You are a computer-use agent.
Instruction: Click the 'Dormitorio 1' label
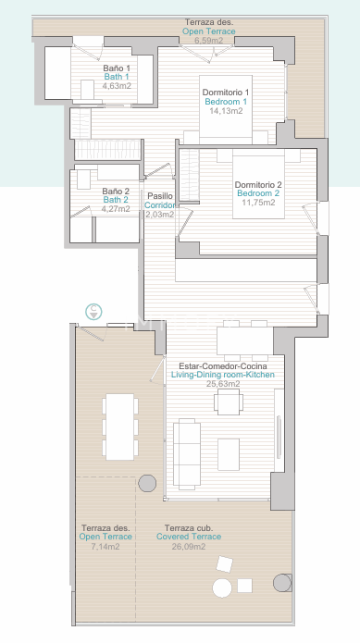[225, 93]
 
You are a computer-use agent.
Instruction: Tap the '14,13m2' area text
[226, 111]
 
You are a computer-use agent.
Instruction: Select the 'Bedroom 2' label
[258, 193]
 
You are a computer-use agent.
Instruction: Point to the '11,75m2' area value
[258, 203]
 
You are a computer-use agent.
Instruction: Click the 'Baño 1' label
[117, 68]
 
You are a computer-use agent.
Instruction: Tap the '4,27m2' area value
[116, 209]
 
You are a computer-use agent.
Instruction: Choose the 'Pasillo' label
[160, 196]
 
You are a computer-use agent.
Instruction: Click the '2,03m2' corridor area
[160, 214]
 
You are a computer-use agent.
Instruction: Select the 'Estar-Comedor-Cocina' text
[223, 365]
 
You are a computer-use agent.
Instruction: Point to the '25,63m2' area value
[223, 384]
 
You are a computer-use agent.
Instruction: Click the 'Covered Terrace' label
[189, 537]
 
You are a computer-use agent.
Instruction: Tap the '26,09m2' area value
[189, 546]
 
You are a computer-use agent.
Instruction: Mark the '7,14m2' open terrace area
[106, 546]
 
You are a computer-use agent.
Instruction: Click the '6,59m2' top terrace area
[209, 40]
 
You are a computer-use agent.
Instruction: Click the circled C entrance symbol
[93, 312]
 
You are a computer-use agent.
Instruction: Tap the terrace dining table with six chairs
[120, 427]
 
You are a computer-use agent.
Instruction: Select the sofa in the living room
[187, 454]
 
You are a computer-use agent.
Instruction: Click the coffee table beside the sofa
[229, 454]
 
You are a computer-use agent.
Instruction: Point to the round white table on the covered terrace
[222, 587]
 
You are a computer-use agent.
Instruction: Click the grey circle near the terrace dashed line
[147, 484]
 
